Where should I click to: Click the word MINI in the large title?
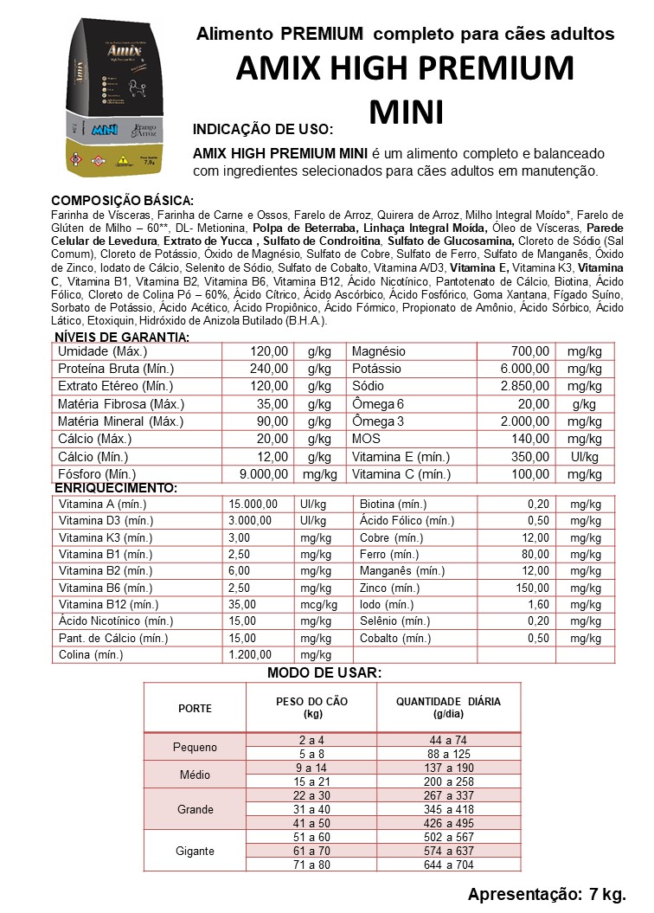406,112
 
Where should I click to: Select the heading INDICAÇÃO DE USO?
262,130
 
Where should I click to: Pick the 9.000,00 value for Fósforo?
263,474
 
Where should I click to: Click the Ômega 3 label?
377,421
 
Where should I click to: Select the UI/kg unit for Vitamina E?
585,457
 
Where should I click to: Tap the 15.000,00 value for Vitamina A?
253,505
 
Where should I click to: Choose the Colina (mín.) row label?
90,655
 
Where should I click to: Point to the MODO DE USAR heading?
324,673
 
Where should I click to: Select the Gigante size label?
195,851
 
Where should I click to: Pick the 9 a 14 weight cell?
311,768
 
